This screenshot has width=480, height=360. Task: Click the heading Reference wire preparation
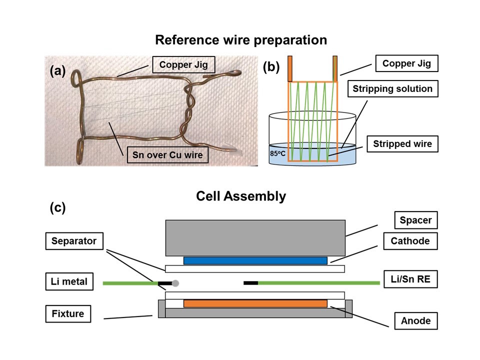(240, 40)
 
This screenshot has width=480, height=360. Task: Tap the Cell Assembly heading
(241, 196)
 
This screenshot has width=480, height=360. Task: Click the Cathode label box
(410, 241)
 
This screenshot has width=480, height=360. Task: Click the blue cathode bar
(255, 260)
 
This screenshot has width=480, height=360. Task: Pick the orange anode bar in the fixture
(255, 303)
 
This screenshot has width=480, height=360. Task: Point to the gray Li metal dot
(176, 283)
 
